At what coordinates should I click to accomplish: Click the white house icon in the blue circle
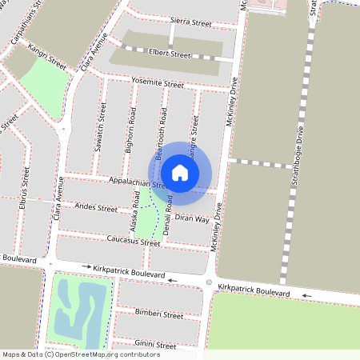point(180,173)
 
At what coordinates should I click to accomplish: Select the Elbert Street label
point(170,54)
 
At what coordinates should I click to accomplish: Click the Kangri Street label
point(47,57)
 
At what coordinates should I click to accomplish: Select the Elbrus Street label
point(26,189)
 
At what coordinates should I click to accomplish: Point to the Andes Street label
point(95,208)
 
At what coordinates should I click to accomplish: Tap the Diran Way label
point(192,218)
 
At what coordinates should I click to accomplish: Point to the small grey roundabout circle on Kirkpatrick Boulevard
point(209,282)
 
